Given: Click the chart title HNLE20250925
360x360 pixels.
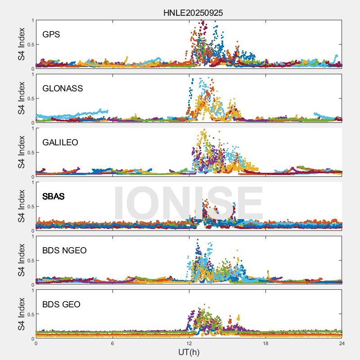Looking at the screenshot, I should click(193, 13).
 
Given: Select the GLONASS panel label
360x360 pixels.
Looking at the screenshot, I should click(63, 88).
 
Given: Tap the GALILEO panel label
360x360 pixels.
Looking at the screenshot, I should click(60, 143).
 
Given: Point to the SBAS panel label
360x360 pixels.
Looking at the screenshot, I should click(54, 197).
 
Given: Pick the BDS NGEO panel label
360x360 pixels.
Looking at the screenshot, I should click(64, 251).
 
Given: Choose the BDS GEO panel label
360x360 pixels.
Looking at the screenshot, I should click(61, 305).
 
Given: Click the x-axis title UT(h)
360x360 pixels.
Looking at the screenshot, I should click(189, 352).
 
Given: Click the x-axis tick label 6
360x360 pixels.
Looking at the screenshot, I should click(112, 343).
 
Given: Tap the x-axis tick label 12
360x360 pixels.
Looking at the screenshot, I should click(189, 343).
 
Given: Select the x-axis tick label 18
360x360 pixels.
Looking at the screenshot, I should click(265, 343).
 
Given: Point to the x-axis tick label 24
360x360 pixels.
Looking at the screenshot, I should click(342, 343).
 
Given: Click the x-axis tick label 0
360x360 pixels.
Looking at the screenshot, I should click(36, 343).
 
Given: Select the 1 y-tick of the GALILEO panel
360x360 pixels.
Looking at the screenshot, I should click(32, 128).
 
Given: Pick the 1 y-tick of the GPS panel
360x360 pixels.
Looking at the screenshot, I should click(32, 20).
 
